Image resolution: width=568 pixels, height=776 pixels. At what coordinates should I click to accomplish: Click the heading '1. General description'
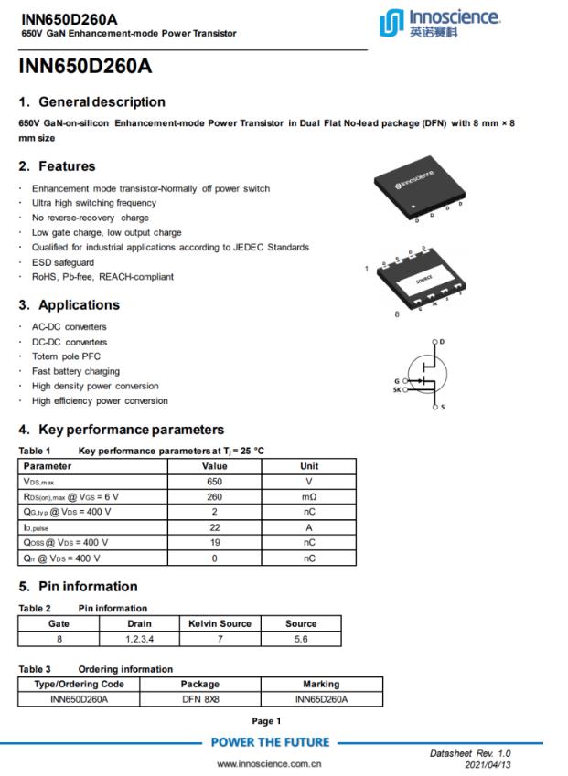coord(92,101)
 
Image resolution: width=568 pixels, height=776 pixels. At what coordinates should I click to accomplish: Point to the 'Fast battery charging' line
coord(76,371)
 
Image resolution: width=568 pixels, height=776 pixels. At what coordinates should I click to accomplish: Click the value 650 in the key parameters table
coord(214,480)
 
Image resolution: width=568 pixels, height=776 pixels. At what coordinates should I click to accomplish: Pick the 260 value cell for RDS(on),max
coord(214,496)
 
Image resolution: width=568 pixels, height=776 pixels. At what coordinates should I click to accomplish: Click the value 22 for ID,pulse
coord(214,527)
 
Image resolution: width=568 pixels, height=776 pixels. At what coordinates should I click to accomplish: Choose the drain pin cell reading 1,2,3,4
coord(139,639)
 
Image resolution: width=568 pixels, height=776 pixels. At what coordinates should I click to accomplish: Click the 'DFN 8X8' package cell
coord(200,699)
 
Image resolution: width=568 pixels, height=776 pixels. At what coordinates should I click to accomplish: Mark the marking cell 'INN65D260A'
coord(320,699)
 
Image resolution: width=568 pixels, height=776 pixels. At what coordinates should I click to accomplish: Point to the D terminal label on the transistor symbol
coord(443,341)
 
